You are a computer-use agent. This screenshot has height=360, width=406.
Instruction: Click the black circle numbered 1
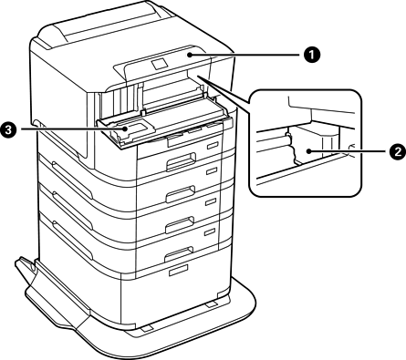pos(311,56)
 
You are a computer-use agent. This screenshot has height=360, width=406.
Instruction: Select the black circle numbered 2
pos(397,151)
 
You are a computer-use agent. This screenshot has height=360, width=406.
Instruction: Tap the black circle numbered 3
pos(8,129)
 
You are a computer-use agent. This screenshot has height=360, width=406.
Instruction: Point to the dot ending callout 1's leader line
pos(190,55)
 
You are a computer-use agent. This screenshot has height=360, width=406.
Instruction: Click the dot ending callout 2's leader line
pos(308,151)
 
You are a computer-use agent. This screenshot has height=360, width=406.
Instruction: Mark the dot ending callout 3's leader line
pos(125,129)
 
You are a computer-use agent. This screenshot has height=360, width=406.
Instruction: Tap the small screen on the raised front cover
pos(159,64)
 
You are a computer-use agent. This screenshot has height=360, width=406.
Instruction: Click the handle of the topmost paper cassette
pos(181,161)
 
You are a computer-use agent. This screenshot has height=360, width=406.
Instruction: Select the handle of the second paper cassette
pos(180,193)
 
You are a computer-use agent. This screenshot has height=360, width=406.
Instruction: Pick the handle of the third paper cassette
pos(180,224)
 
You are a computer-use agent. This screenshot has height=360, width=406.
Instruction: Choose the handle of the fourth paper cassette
pos(179,254)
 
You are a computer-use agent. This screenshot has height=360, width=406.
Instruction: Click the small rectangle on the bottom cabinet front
pos(178,270)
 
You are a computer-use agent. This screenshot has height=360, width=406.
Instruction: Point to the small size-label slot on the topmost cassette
pos(213,146)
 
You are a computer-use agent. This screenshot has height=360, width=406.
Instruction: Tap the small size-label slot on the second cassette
pos(213,171)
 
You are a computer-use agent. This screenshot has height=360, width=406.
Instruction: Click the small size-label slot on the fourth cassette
pos(210,232)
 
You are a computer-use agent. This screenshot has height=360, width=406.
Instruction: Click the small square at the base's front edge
pos(146,329)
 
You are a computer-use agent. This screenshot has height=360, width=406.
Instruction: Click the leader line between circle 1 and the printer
pos(246,55)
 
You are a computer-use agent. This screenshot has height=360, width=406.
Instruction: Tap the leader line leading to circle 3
pos(72,129)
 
